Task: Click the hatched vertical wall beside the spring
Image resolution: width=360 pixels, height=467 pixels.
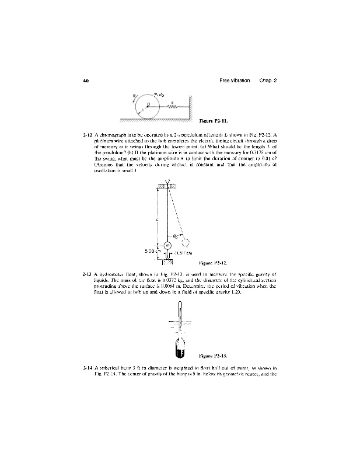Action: (x=190, y=104)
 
